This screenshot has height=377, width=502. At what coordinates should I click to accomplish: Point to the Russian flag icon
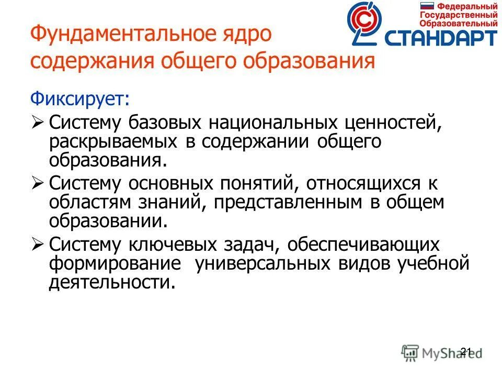click(428, 6)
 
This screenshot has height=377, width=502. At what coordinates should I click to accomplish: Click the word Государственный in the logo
click(458, 15)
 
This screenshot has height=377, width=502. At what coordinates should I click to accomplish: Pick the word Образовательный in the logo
click(458, 23)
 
